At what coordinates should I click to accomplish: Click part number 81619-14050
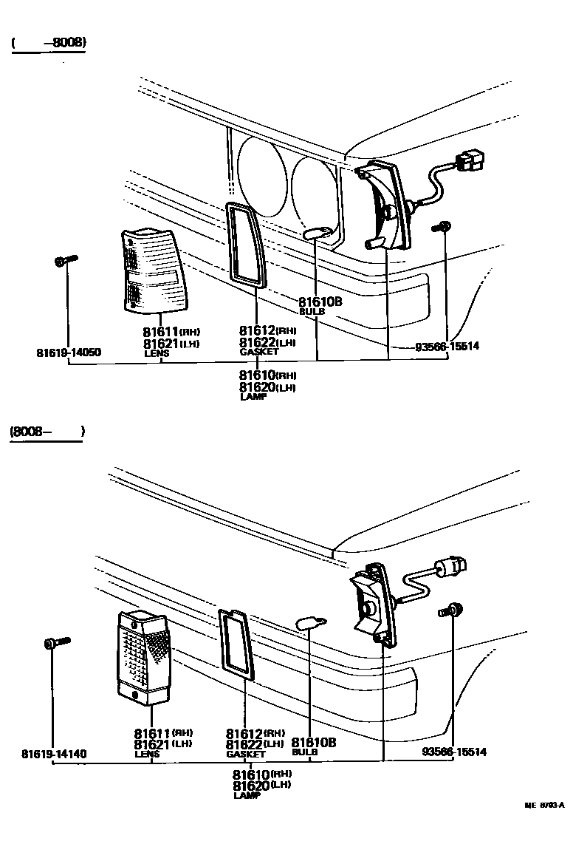[68, 353]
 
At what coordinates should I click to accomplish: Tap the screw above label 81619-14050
[65, 260]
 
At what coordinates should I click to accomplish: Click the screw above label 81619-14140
[56, 643]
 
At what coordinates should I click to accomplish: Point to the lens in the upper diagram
[154, 270]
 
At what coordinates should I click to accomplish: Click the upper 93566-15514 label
[447, 346]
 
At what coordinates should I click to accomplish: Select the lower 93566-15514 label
[454, 752]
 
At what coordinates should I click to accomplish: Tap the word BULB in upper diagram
[312, 312]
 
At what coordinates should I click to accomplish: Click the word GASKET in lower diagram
[245, 755]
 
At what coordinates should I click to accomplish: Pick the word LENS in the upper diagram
[157, 353]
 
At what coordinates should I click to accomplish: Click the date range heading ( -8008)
[49, 43]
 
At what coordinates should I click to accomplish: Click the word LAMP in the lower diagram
[244, 796]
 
